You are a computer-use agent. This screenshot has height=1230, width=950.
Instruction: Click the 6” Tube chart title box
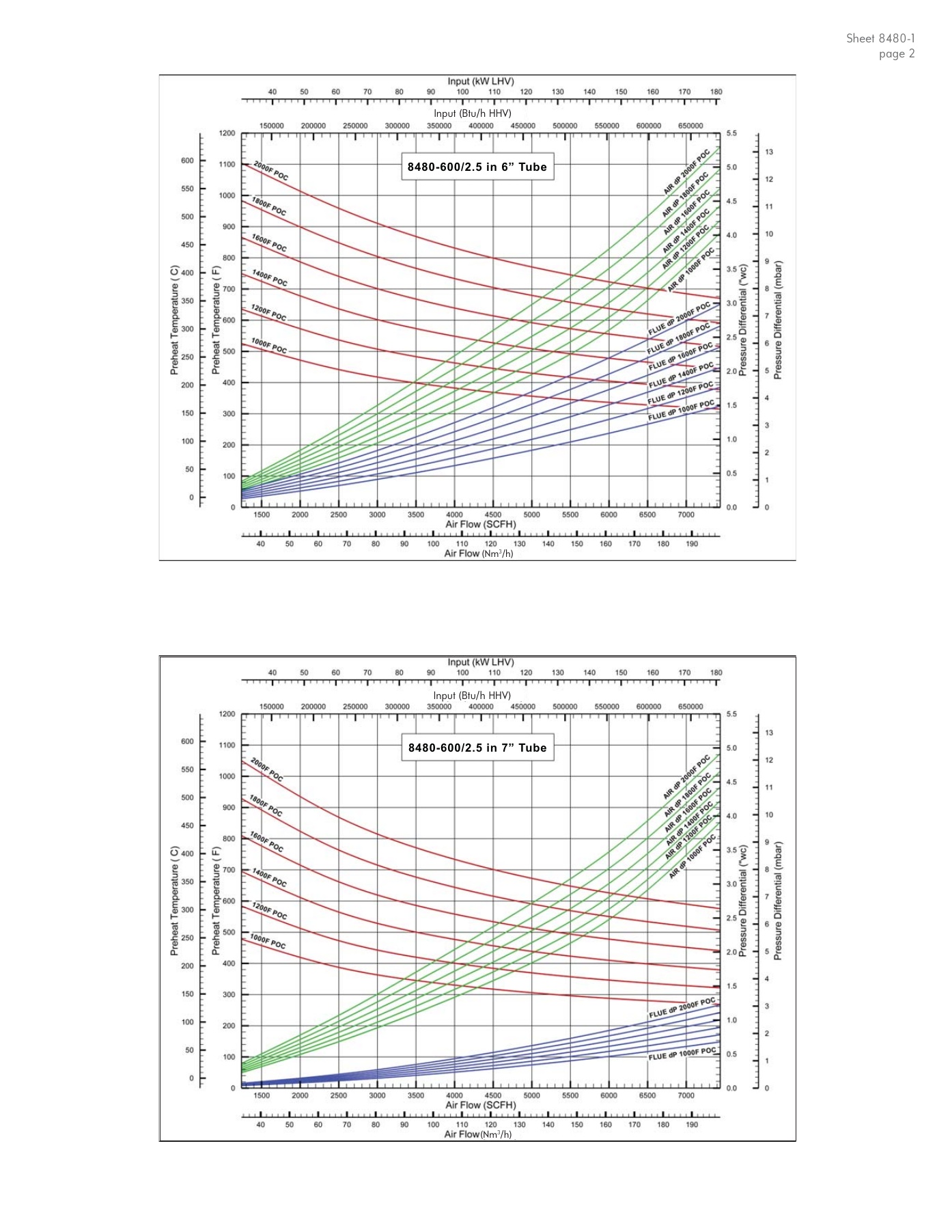click(x=477, y=167)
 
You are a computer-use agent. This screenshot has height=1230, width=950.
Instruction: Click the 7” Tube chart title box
click(x=477, y=748)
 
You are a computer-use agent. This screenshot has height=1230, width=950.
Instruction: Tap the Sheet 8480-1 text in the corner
click(x=880, y=38)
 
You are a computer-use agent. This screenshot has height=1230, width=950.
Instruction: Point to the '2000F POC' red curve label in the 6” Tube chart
click(x=271, y=171)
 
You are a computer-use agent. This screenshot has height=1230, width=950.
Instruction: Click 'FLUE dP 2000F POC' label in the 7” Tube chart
click(x=682, y=1009)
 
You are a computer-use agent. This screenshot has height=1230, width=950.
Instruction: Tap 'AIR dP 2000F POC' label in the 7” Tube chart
click(x=686, y=777)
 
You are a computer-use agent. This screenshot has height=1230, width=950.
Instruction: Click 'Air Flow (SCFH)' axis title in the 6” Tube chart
click(x=481, y=525)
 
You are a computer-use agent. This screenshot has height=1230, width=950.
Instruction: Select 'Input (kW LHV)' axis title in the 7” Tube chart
click(x=481, y=662)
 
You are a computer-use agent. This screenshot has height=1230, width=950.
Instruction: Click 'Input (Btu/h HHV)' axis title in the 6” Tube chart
click(x=472, y=113)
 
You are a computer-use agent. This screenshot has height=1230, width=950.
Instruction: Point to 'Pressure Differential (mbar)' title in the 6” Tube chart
click(x=779, y=320)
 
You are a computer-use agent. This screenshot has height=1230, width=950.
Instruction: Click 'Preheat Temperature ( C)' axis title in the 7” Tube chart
click(x=174, y=901)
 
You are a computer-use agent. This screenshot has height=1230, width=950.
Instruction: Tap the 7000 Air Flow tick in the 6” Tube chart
click(x=686, y=515)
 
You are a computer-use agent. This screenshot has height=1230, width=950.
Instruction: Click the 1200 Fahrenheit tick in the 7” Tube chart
click(x=227, y=714)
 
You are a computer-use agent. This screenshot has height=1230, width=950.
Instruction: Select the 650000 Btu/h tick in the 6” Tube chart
click(x=690, y=126)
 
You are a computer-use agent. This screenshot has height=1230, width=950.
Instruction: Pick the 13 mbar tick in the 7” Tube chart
click(x=769, y=733)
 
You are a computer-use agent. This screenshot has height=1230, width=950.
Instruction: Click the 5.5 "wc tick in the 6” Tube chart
click(x=731, y=133)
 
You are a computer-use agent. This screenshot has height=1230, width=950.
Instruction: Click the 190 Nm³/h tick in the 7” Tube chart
click(x=692, y=1125)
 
